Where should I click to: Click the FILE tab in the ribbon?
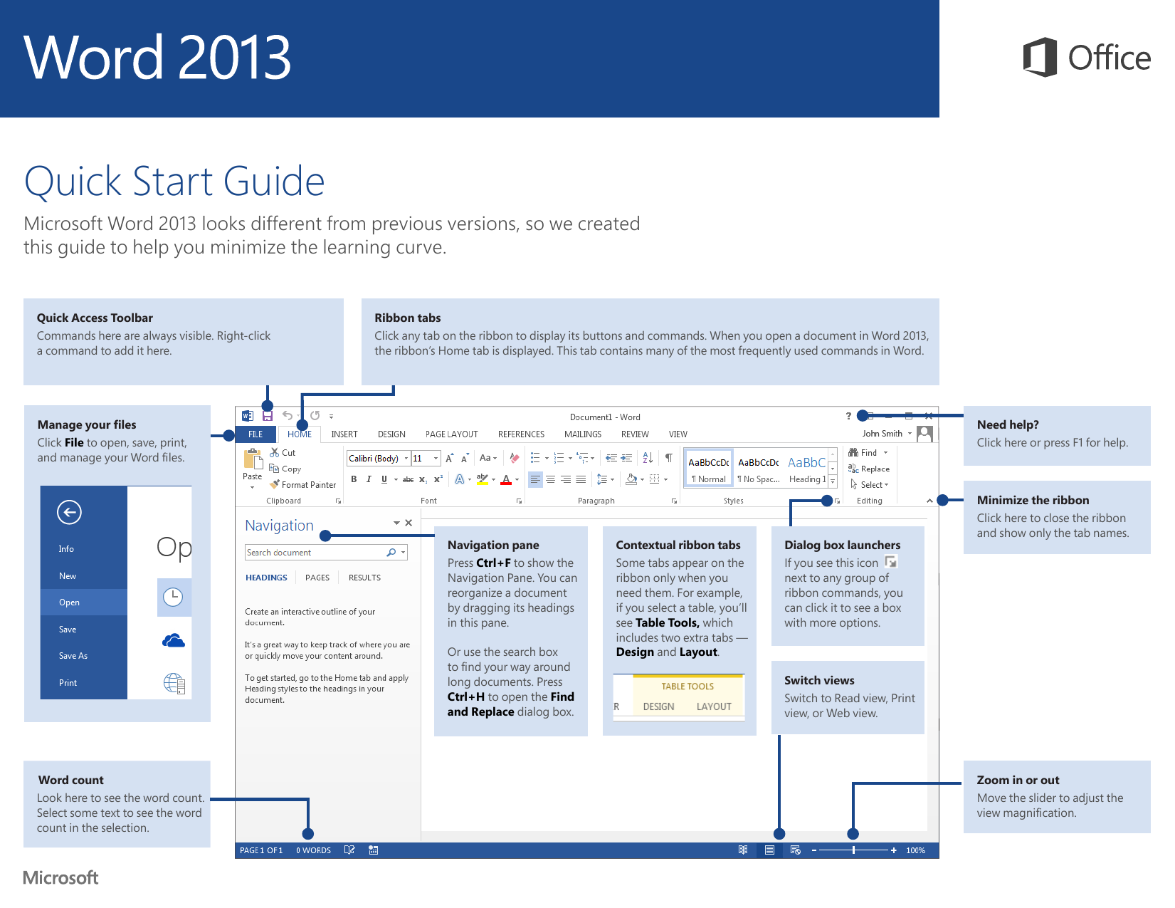(x=255, y=434)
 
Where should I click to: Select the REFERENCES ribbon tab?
(x=521, y=434)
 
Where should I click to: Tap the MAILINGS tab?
(x=582, y=434)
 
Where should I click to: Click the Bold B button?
(x=354, y=479)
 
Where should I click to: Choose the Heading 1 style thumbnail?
(x=807, y=469)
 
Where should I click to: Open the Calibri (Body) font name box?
(x=375, y=459)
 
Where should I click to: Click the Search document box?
(x=315, y=553)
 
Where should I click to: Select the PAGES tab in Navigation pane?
(x=317, y=578)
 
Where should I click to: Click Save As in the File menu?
(x=73, y=656)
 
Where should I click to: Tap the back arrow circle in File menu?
(x=69, y=512)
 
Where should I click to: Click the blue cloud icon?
(x=174, y=641)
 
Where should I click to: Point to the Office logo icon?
(x=1040, y=57)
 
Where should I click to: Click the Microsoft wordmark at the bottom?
(x=60, y=878)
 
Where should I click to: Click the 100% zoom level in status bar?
(x=915, y=850)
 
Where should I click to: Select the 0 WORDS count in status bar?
(x=313, y=850)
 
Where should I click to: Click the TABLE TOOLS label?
(x=687, y=687)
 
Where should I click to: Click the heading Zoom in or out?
(x=1018, y=780)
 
